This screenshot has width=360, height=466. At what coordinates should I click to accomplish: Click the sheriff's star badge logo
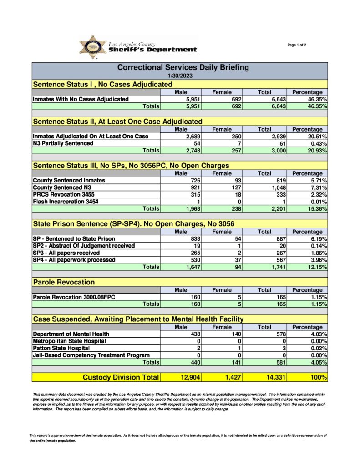click(x=93, y=47)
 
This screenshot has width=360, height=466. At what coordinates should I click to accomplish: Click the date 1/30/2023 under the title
click(x=180, y=76)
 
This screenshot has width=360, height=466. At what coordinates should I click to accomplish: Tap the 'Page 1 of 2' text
click(x=297, y=45)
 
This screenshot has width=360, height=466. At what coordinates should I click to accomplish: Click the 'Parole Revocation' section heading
click(x=64, y=282)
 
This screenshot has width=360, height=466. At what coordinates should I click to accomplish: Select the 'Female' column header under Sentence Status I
click(x=222, y=92)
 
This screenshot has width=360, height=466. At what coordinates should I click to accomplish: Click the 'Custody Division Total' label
click(x=121, y=377)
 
